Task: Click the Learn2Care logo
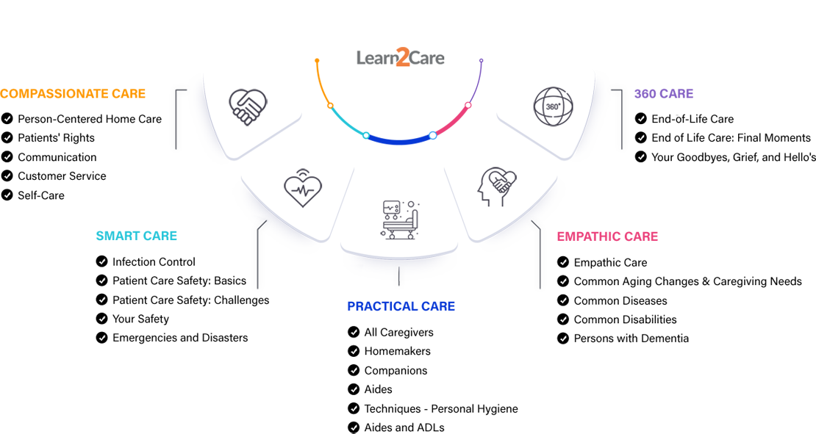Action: [401, 57]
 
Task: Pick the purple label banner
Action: [675, 86]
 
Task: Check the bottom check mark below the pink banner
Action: [564, 339]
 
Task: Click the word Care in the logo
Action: [426, 57]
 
